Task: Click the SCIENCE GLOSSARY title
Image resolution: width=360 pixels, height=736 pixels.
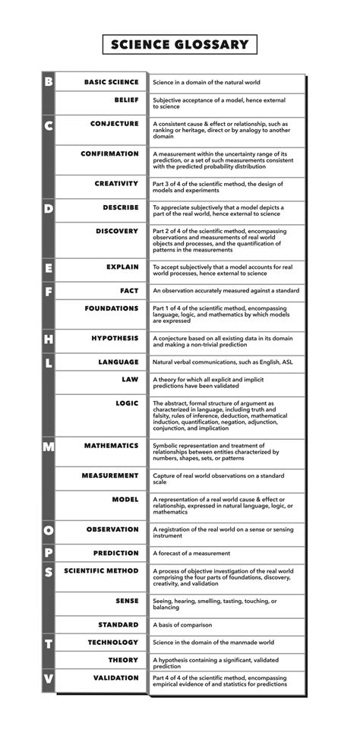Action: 179,45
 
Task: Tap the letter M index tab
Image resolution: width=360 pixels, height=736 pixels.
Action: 48,447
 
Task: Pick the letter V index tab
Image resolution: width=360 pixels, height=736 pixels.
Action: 48,679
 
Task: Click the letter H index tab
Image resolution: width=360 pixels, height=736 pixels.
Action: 48,339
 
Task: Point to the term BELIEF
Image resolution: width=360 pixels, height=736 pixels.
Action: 126,100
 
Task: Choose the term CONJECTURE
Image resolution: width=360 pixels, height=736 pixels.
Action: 115,123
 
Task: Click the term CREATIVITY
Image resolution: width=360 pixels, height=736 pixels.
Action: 116,184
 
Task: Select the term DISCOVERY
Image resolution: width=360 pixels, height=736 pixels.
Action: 117,231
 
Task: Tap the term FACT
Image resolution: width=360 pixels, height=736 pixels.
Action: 129,290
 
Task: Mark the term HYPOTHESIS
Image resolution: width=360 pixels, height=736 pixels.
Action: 115,338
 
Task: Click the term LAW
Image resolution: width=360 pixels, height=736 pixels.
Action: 131,379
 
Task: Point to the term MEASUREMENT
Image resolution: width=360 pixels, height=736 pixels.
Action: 110,475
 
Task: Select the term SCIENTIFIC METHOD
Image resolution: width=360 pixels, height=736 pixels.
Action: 101,570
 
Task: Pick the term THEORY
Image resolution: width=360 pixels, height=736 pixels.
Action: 123,660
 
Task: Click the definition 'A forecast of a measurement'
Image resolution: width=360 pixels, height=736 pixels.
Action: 191,554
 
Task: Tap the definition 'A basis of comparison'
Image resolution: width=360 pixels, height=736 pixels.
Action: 184,625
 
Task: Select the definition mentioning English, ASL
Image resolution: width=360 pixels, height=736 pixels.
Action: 223,363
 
